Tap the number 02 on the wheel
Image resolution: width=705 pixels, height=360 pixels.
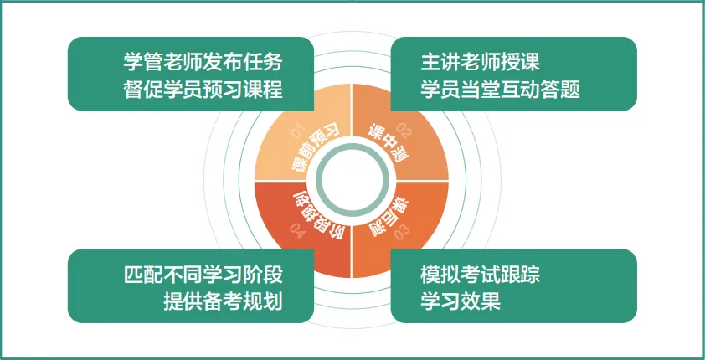404,130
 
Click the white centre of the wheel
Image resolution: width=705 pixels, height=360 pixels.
352,179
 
